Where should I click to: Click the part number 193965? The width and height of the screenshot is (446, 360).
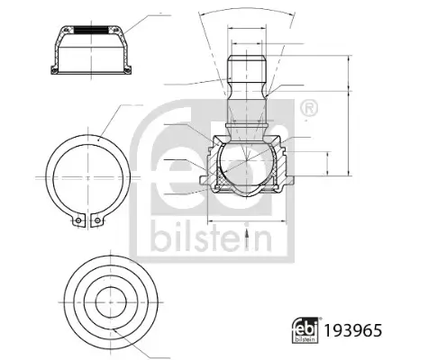coord(354,330)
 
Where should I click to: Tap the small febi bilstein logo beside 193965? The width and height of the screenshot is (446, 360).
coord(305,330)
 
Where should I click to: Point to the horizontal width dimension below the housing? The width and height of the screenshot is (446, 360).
coord(245,219)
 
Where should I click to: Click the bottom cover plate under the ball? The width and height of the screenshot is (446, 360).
coord(245,192)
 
